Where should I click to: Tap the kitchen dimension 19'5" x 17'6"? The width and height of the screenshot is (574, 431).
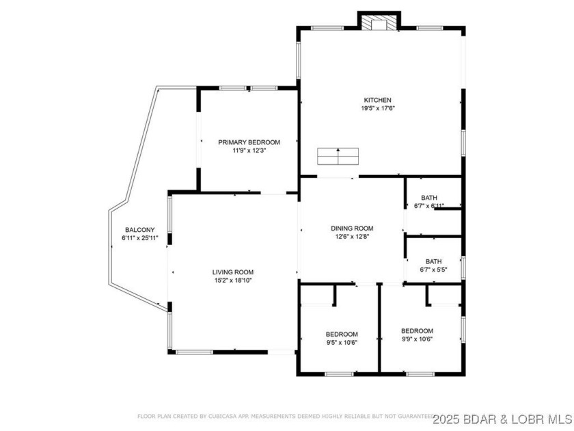(x=379, y=108)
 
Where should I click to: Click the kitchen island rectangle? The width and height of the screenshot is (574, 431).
(x=338, y=156)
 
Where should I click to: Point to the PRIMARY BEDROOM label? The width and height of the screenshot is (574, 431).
(x=249, y=142)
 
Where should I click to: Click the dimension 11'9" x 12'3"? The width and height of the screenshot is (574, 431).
(x=249, y=151)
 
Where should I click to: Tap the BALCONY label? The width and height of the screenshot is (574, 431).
(x=139, y=230)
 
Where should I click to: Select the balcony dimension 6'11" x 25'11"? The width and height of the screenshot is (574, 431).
(x=139, y=238)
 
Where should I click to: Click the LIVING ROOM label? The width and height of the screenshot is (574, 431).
(x=233, y=272)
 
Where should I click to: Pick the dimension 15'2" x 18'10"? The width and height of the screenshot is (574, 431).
(x=233, y=280)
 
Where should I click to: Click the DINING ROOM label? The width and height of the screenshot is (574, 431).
(x=352, y=228)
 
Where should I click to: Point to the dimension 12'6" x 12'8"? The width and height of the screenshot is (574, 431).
(x=352, y=237)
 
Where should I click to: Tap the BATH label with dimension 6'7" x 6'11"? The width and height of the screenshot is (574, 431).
(x=429, y=197)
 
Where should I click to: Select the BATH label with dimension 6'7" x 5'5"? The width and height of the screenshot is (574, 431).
(x=433, y=261)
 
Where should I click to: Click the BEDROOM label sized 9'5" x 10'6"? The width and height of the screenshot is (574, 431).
(x=342, y=334)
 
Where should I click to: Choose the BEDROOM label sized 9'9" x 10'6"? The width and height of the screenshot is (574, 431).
(x=417, y=330)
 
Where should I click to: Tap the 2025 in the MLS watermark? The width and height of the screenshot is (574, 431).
(x=450, y=416)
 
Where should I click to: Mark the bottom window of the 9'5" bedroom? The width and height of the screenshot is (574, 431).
(x=338, y=374)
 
